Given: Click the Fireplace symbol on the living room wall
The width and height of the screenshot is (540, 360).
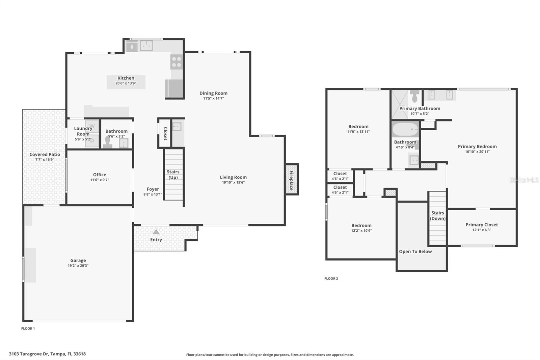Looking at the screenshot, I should click(x=292, y=179).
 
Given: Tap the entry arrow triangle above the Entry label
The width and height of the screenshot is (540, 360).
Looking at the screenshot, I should click(x=156, y=232).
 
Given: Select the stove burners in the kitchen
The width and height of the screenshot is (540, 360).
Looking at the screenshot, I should click(x=176, y=62).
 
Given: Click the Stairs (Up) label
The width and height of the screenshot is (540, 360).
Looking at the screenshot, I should click(x=173, y=175).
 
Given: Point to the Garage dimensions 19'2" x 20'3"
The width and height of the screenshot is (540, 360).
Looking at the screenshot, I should click(x=78, y=266).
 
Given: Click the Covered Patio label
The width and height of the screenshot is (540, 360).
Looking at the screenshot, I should click(x=45, y=154).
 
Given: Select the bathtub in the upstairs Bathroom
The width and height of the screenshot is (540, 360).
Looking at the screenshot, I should click(x=405, y=130).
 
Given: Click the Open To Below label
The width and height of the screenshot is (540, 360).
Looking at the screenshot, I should click(x=415, y=252).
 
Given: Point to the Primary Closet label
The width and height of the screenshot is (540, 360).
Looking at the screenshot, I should click(x=482, y=225).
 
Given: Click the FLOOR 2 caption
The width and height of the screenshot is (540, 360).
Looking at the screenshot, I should click(x=331, y=279).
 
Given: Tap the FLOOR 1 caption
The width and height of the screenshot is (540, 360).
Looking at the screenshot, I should click(x=28, y=329).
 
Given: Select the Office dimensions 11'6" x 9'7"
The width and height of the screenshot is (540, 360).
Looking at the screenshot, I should click(x=100, y=180).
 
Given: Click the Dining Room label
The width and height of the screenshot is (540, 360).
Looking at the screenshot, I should click(x=213, y=93).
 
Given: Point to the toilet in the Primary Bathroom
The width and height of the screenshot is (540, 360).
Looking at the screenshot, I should click(x=415, y=97).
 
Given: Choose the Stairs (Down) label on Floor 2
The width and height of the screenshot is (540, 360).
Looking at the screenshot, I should click(x=437, y=215).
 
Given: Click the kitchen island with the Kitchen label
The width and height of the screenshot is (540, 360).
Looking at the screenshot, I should click(x=126, y=82).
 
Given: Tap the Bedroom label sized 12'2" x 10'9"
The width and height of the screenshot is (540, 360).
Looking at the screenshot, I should click(x=361, y=225).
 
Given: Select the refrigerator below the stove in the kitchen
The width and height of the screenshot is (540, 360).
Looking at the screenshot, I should click(x=174, y=88).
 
